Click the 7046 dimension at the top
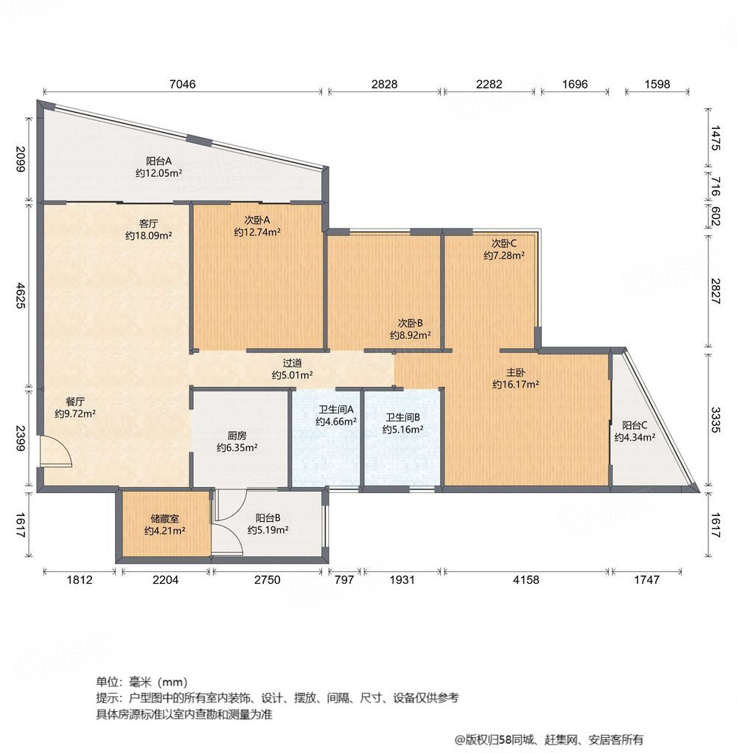(x=182, y=84)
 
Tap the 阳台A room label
(x=158, y=161)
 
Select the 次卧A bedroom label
(x=257, y=220)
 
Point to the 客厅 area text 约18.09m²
(x=149, y=236)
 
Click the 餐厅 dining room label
(x=75, y=402)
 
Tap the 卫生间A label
(x=336, y=410)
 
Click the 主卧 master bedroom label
(x=515, y=371)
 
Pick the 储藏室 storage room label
(x=164, y=517)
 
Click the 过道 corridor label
(x=293, y=363)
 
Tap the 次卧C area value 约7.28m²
(x=504, y=256)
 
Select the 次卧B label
(x=410, y=323)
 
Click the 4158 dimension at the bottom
(x=526, y=580)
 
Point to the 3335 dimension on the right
(x=715, y=417)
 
